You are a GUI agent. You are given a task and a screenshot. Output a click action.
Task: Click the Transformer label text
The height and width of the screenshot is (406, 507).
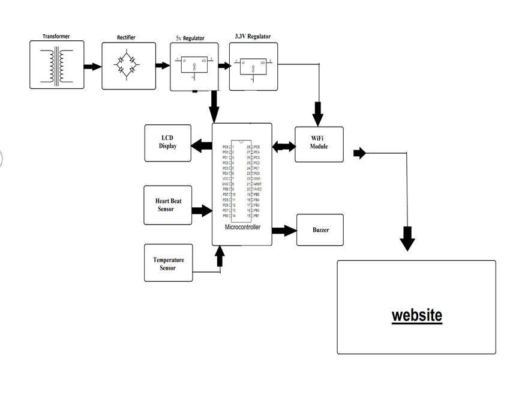click(x=56, y=36)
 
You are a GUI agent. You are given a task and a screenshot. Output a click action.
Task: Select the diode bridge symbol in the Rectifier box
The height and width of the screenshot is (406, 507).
click(x=126, y=65)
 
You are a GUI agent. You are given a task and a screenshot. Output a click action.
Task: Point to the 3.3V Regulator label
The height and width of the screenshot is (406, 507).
click(x=253, y=37)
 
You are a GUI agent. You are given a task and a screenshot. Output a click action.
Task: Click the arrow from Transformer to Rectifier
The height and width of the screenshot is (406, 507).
click(x=92, y=66)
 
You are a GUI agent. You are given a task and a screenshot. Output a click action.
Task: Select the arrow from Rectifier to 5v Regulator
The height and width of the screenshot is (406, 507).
click(x=163, y=66)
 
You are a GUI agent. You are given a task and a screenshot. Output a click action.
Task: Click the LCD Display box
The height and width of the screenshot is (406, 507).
click(x=168, y=143)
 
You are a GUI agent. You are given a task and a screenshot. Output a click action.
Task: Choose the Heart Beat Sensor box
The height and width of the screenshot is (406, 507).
click(x=168, y=205)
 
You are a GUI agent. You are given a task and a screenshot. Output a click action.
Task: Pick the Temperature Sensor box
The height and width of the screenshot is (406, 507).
click(x=168, y=263)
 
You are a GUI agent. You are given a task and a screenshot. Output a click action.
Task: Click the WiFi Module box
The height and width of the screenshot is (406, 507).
click(x=319, y=144)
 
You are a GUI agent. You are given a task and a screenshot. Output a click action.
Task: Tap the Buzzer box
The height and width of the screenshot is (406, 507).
click(x=320, y=230)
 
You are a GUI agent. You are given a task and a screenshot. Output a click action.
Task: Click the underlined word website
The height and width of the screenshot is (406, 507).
click(x=416, y=315)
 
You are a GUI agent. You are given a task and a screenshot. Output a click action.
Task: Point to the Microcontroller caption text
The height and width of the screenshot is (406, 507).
click(x=242, y=227)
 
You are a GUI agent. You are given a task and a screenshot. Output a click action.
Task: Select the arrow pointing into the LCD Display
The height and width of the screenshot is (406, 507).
click(x=202, y=145)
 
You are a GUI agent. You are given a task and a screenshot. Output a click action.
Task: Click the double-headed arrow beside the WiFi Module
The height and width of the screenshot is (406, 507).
click(x=284, y=146)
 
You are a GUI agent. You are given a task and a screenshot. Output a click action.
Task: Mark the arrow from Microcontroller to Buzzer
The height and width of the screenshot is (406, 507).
click(x=284, y=230)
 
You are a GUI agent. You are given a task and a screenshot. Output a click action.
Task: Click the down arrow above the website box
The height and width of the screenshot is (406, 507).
click(x=408, y=239)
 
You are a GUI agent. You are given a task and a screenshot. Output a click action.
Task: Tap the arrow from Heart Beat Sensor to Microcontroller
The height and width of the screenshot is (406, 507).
click(x=202, y=211)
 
